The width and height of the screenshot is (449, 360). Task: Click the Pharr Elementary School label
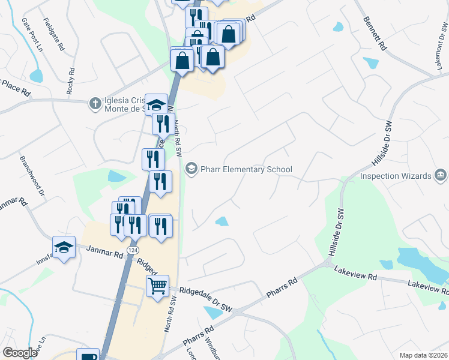tap(246, 169)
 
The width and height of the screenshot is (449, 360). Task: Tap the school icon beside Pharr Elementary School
tap(191, 169)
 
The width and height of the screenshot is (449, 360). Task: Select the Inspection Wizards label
tap(396, 176)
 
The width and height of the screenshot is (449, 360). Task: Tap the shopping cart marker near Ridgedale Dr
tap(157, 286)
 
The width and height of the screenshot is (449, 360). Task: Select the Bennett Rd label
tap(376, 33)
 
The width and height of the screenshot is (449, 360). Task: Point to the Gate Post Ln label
tap(34, 34)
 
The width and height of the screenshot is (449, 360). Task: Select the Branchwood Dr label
tap(32, 176)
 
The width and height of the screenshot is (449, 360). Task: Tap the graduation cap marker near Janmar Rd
tap(64, 247)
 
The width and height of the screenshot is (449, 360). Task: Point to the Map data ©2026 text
tap(424, 355)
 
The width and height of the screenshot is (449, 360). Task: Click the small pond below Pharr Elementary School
tap(221, 221)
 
